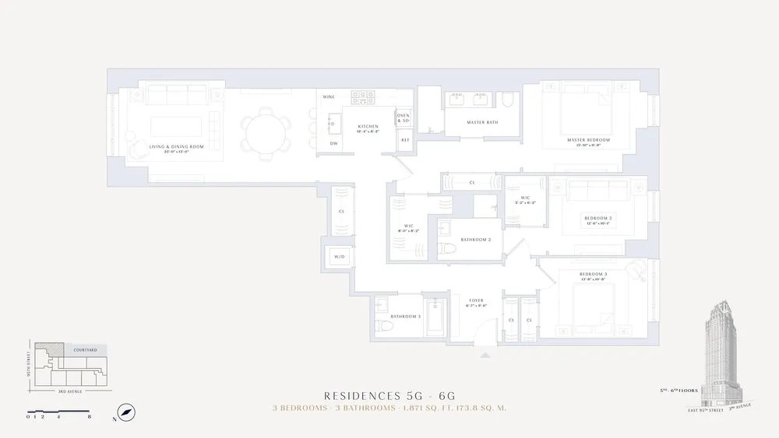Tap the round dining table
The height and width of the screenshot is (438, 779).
(264, 135)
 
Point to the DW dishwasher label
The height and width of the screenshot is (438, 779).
(333, 143)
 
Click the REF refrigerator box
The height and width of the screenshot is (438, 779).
(405, 140)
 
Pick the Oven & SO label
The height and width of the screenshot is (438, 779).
(403, 118)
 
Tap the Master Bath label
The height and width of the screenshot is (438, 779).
(482, 123)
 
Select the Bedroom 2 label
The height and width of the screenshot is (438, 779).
(598, 219)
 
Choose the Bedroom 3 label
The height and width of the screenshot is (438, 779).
(593, 276)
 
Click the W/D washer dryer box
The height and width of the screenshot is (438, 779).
(340, 256)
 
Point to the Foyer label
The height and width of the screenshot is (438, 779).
(476, 302)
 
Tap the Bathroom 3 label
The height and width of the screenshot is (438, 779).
(405, 316)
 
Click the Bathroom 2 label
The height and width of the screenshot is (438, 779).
(475, 240)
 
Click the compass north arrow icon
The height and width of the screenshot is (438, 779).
(124, 412)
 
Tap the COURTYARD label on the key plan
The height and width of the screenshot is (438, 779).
(85, 350)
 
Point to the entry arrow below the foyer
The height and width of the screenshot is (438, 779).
(486, 355)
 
